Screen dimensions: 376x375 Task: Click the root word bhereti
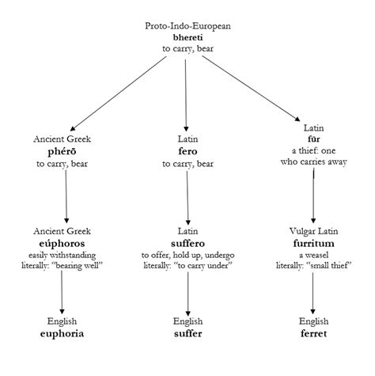[187, 37]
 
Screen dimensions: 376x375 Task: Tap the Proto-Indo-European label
[187, 26]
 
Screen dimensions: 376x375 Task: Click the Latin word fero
[187, 152]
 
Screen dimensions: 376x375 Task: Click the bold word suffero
[187, 244]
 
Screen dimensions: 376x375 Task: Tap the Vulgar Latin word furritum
[314, 244]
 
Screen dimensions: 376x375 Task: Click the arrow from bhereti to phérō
[119, 93]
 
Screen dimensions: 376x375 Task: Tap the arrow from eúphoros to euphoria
[64, 293]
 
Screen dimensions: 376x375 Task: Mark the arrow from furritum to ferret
[314, 293]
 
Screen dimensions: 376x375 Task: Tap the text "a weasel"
[314, 256]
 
